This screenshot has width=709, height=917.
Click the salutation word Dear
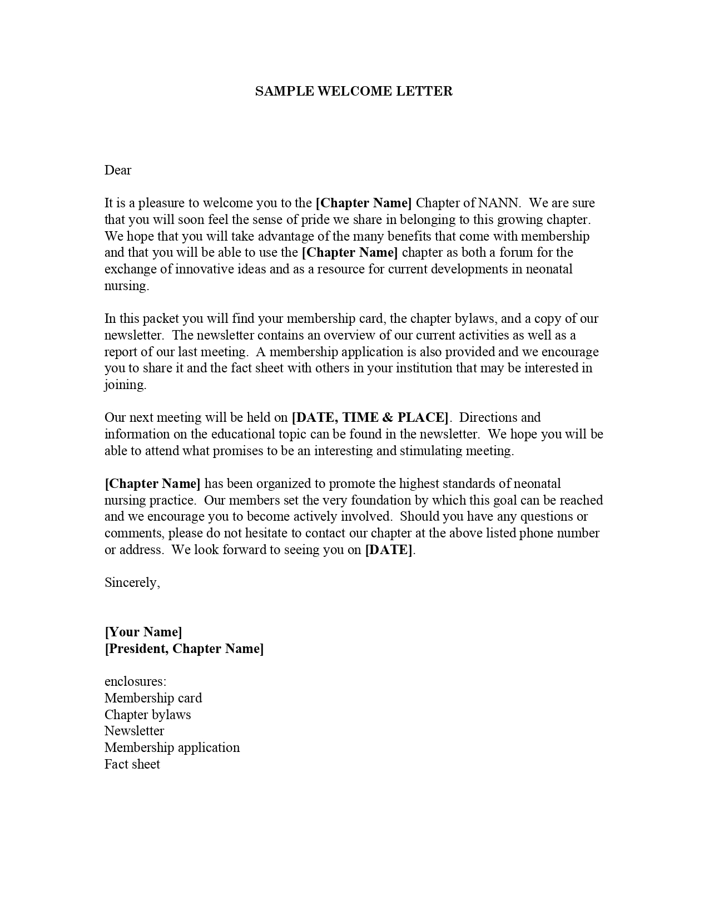118,170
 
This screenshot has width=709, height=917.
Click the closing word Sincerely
132,582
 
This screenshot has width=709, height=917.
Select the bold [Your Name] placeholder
143,632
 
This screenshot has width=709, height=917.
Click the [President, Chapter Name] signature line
184,649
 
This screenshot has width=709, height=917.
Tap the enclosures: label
136,681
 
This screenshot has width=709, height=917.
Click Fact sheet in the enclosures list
132,764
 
